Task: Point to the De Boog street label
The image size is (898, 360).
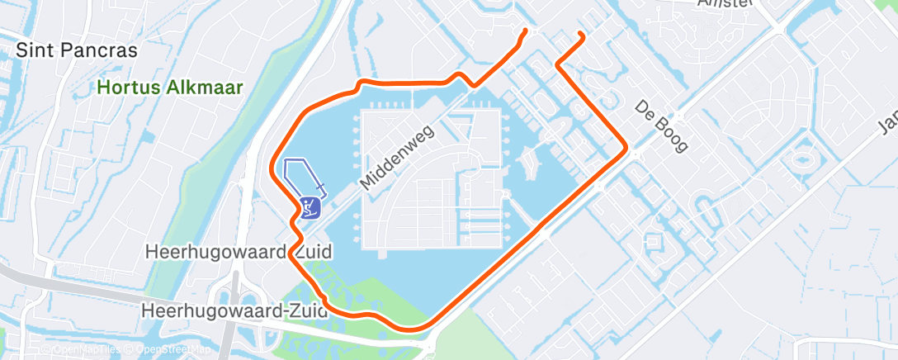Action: [661, 126]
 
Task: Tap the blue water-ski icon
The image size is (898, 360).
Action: [310, 206]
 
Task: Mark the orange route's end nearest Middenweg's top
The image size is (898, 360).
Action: [525, 31]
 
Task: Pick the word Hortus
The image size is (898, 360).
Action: [122, 85]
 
